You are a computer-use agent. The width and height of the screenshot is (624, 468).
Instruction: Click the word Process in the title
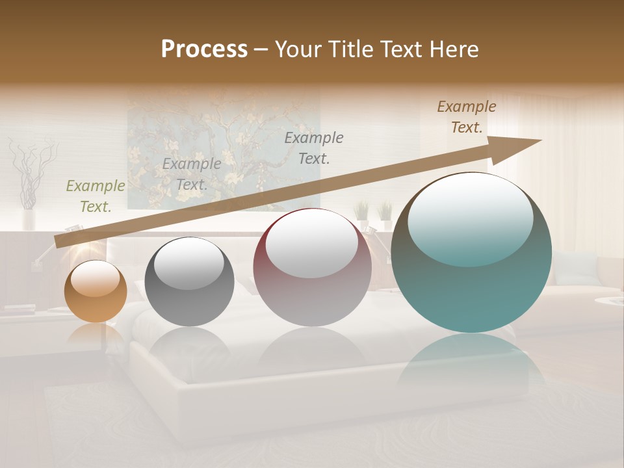tap(204, 49)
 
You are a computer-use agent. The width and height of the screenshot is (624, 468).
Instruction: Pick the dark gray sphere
tap(189, 282)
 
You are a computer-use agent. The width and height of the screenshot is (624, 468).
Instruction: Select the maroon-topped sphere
tap(312, 268)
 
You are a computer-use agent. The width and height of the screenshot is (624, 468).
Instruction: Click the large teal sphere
tap(471, 253)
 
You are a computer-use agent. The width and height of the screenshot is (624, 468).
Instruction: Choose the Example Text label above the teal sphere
tap(467, 117)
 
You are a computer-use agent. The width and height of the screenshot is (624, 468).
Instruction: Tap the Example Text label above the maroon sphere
tap(314, 148)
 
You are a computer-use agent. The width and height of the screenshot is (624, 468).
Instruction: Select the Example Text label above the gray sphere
tap(192, 174)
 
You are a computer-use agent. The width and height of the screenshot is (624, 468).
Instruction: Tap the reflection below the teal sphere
tap(471, 364)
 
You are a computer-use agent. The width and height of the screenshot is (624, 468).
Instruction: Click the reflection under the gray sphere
tap(189, 348)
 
